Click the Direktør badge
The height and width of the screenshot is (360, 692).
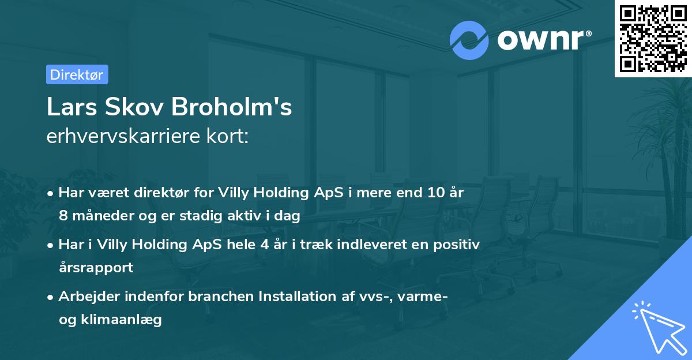coord(77,74)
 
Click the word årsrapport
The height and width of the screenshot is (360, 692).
coord(96,267)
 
